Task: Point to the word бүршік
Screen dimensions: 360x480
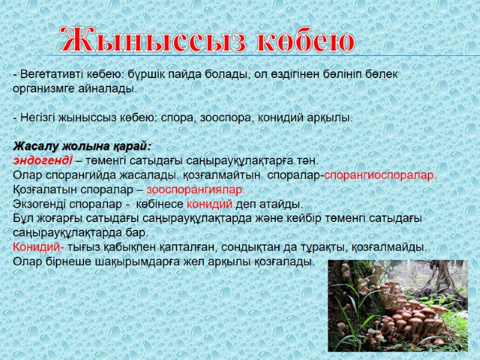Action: point(144,74)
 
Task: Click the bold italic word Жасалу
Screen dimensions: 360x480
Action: point(35,146)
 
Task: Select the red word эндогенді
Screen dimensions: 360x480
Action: point(43,161)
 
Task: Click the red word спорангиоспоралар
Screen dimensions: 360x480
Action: point(380,175)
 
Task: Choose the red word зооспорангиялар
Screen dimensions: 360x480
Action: point(196,190)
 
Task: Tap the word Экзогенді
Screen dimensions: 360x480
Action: point(38,204)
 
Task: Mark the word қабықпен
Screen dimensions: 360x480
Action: point(134,247)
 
